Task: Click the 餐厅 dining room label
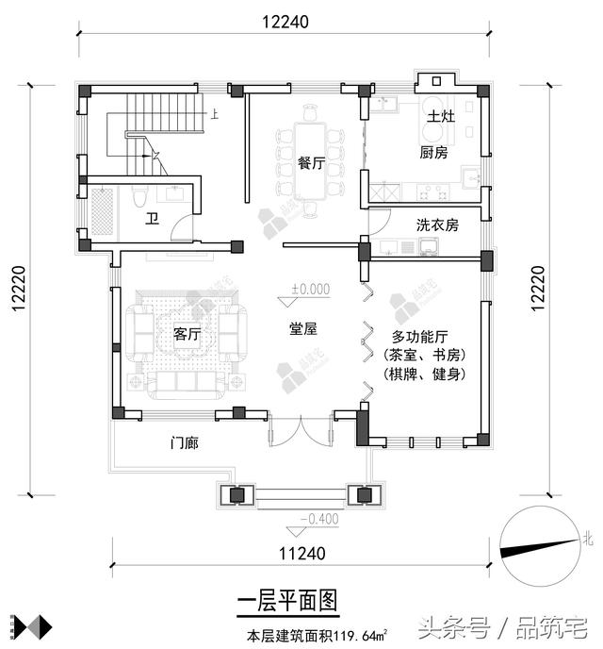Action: (311, 162)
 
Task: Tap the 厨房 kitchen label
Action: (432, 153)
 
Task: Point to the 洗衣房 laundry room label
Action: (437, 225)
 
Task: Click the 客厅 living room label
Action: (187, 335)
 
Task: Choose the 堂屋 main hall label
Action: (301, 329)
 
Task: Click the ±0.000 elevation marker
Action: (310, 290)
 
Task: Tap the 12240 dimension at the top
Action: (284, 20)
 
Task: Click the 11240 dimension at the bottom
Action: (301, 554)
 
